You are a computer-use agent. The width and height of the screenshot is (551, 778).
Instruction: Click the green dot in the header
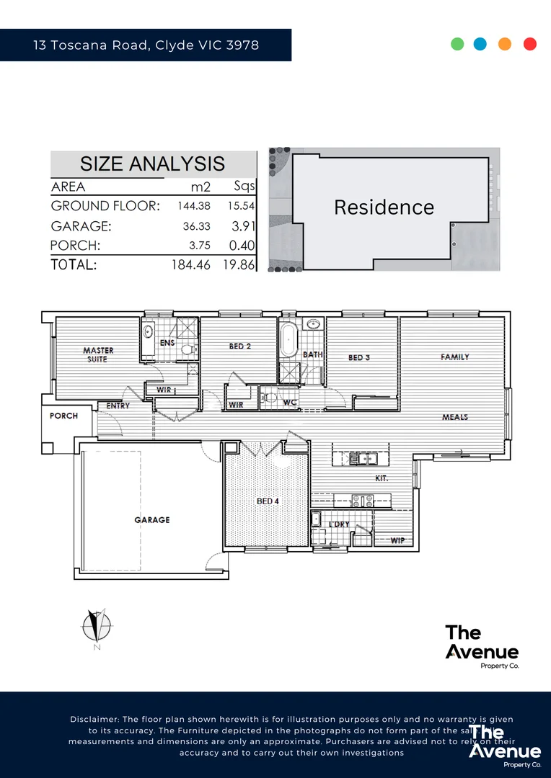point(457,44)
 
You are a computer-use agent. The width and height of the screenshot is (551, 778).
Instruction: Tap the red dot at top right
point(530,44)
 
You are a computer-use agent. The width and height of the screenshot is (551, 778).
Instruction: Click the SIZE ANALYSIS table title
point(152,164)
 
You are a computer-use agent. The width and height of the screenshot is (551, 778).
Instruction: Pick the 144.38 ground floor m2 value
point(193,206)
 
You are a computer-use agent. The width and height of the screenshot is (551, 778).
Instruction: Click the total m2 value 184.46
point(191,265)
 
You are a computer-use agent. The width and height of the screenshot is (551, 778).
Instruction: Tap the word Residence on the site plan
point(384,207)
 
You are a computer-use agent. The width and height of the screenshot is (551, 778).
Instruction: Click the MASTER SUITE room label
point(98,354)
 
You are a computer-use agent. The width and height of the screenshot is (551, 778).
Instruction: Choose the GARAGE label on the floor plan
point(151,519)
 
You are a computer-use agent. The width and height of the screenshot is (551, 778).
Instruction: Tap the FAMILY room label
point(454,357)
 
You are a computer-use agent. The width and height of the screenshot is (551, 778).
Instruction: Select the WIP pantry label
point(397,540)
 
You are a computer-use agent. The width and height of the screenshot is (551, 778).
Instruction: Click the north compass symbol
point(95,625)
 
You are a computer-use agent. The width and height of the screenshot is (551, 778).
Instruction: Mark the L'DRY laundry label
point(339,524)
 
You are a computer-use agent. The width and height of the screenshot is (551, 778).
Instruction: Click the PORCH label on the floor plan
point(63,416)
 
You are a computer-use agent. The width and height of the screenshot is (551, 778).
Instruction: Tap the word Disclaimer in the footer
point(94,720)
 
